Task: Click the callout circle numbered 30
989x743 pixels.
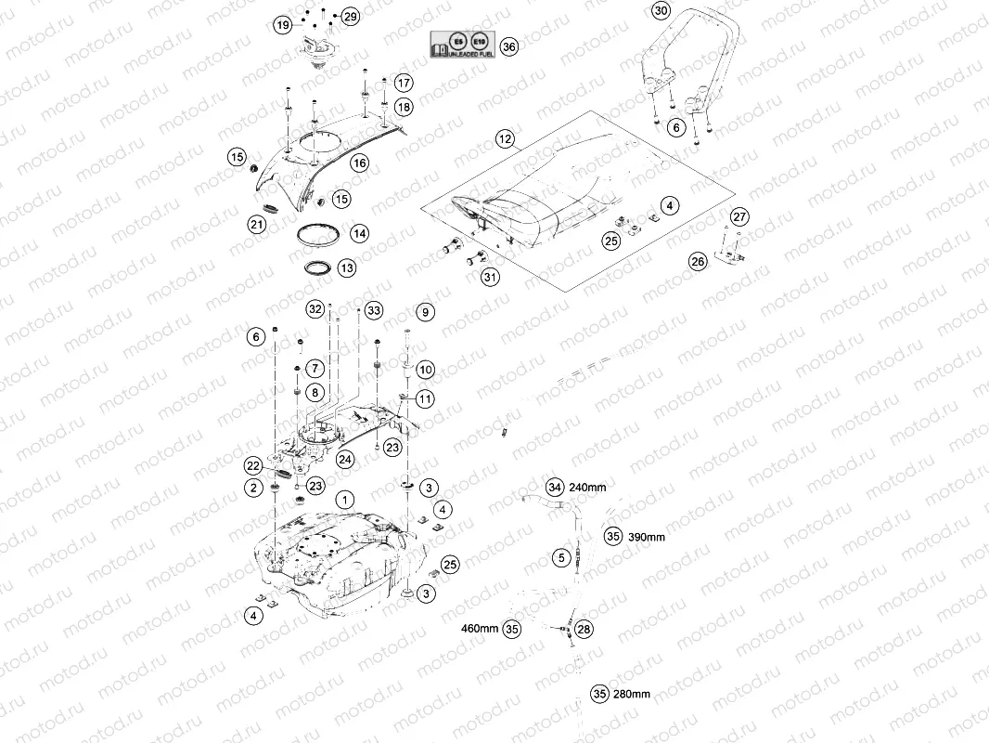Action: click(x=660, y=11)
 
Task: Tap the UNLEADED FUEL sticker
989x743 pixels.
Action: click(x=462, y=46)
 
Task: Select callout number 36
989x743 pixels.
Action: click(x=507, y=46)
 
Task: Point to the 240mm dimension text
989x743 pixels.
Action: click(x=587, y=487)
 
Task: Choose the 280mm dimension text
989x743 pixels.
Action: click(x=632, y=694)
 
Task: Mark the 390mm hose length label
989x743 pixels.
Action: click(x=646, y=537)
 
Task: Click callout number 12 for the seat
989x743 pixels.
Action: click(x=504, y=139)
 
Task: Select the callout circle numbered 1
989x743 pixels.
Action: click(x=344, y=500)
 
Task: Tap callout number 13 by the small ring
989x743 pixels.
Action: click(x=346, y=268)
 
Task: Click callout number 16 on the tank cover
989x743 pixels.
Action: click(x=359, y=163)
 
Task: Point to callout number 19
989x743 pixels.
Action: click(x=283, y=26)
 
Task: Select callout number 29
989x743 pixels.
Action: click(x=350, y=17)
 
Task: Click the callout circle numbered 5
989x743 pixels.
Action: click(x=561, y=557)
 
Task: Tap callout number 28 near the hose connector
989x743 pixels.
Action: click(x=583, y=630)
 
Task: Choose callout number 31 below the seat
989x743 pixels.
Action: click(x=489, y=276)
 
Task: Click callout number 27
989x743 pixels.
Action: click(x=739, y=216)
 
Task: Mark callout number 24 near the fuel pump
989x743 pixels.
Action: click(x=345, y=459)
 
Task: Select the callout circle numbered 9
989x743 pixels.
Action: click(x=425, y=312)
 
